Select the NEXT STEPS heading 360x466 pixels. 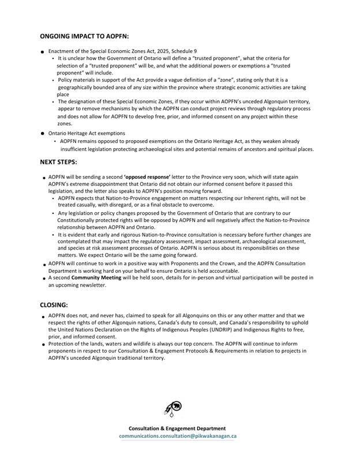[59, 163]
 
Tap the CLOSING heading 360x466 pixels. [54, 304]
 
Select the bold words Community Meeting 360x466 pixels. [100, 277]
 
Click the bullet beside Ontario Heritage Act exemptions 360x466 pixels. [43, 133]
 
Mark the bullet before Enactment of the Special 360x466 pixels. [43, 52]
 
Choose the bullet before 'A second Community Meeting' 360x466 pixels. [43, 278]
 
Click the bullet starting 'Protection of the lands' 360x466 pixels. [43, 344]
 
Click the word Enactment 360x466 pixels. [62, 51]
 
